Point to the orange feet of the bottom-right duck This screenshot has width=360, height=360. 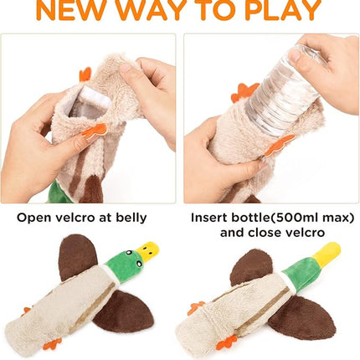click(227, 342)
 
